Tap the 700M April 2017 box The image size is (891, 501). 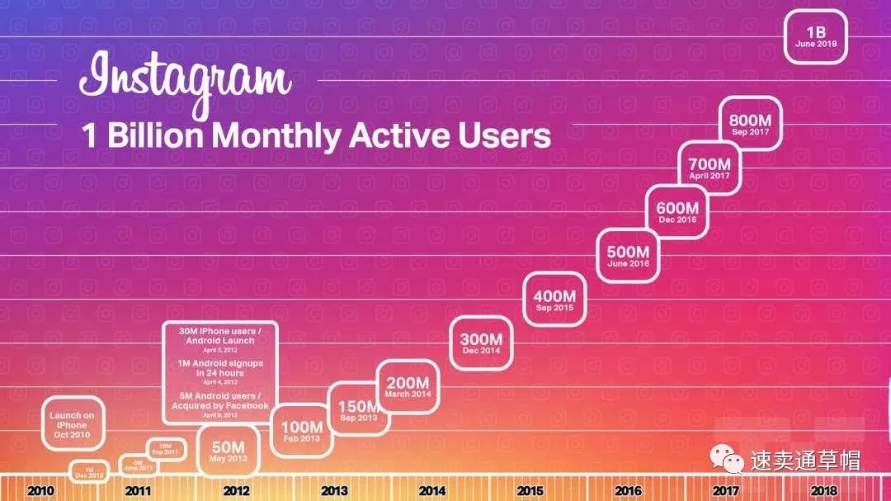point(709,168)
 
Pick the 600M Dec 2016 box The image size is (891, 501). point(677,213)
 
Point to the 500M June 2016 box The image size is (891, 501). point(628,257)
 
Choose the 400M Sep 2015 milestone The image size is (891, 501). point(554,300)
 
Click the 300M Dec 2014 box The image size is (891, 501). point(481,343)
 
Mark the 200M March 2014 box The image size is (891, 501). point(408,387)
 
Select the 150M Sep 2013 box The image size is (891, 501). point(358,409)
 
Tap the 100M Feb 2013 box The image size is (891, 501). point(302,431)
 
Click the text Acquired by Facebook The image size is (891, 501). point(219,406)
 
